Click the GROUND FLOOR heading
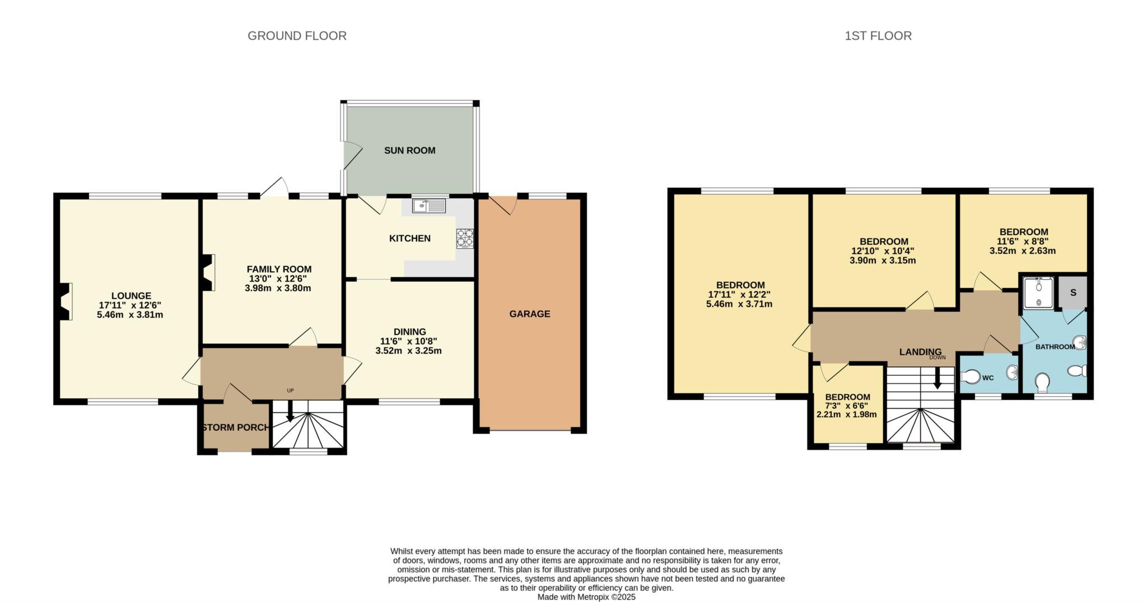pyautogui.click(x=297, y=36)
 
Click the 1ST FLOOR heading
pyautogui.click(x=878, y=36)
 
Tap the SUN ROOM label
pyautogui.click(x=409, y=151)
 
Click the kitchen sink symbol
pyautogui.click(x=428, y=206)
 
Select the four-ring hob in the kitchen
pyautogui.click(x=464, y=239)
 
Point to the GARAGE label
pyautogui.click(x=529, y=314)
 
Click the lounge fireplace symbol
pyautogui.click(x=65, y=301)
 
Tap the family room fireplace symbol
pyautogui.click(x=208, y=273)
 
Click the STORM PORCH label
pyautogui.click(x=235, y=428)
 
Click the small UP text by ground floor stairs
pyautogui.click(x=290, y=391)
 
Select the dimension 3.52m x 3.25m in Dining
pyautogui.click(x=408, y=351)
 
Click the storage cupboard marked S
pyautogui.click(x=1073, y=292)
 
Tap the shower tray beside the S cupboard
pyautogui.click(x=1038, y=293)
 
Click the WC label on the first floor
pyautogui.click(x=988, y=378)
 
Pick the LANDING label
pyautogui.click(x=920, y=352)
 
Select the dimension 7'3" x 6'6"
pyautogui.click(x=847, y=406)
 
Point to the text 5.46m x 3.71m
pyautogui.click(x=739, y=304)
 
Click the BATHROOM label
pyautogui.click(x=1055, y=347)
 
